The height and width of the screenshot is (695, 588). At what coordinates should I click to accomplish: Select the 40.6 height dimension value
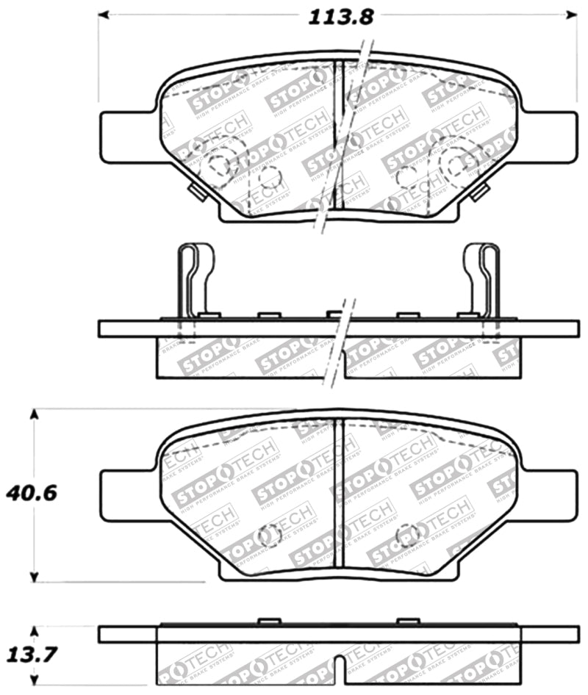pyautogui.click(x=31, y=492)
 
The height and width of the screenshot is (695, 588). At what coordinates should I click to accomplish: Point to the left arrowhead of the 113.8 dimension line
pyautogui.click(x=104, y=14)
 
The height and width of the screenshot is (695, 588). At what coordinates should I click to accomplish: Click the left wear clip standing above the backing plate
pyautogui.click(x=193, y=281)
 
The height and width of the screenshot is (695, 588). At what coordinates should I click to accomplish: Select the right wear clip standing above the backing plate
pyautogui.click(x=482, y=281)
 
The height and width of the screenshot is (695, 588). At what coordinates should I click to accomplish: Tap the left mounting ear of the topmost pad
pyautogui.click(x=125, y=136)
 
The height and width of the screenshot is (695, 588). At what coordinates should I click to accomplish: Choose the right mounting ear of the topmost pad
pyautogui.click(x=551, y=136)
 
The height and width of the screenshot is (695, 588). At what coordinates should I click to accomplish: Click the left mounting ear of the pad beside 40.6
pyautogui.click(x=125, y=496)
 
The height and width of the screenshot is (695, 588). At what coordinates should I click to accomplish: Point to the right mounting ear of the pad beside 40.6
pyautogui.click(x=551, y=496)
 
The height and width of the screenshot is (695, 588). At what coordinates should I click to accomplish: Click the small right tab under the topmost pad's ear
pyautogui.click(x=480, y=192)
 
